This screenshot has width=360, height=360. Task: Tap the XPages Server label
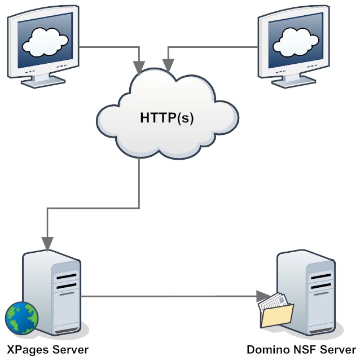pos(47,350)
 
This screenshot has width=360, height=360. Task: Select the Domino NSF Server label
pos(302,350)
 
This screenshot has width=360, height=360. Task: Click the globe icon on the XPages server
pos(21,318)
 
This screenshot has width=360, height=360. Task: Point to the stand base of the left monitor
pos(42,81)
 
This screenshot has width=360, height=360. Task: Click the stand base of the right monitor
pos(295,81)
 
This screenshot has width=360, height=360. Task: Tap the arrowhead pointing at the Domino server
pos(261,295)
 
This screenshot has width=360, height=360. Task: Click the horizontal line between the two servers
pos(169,295)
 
